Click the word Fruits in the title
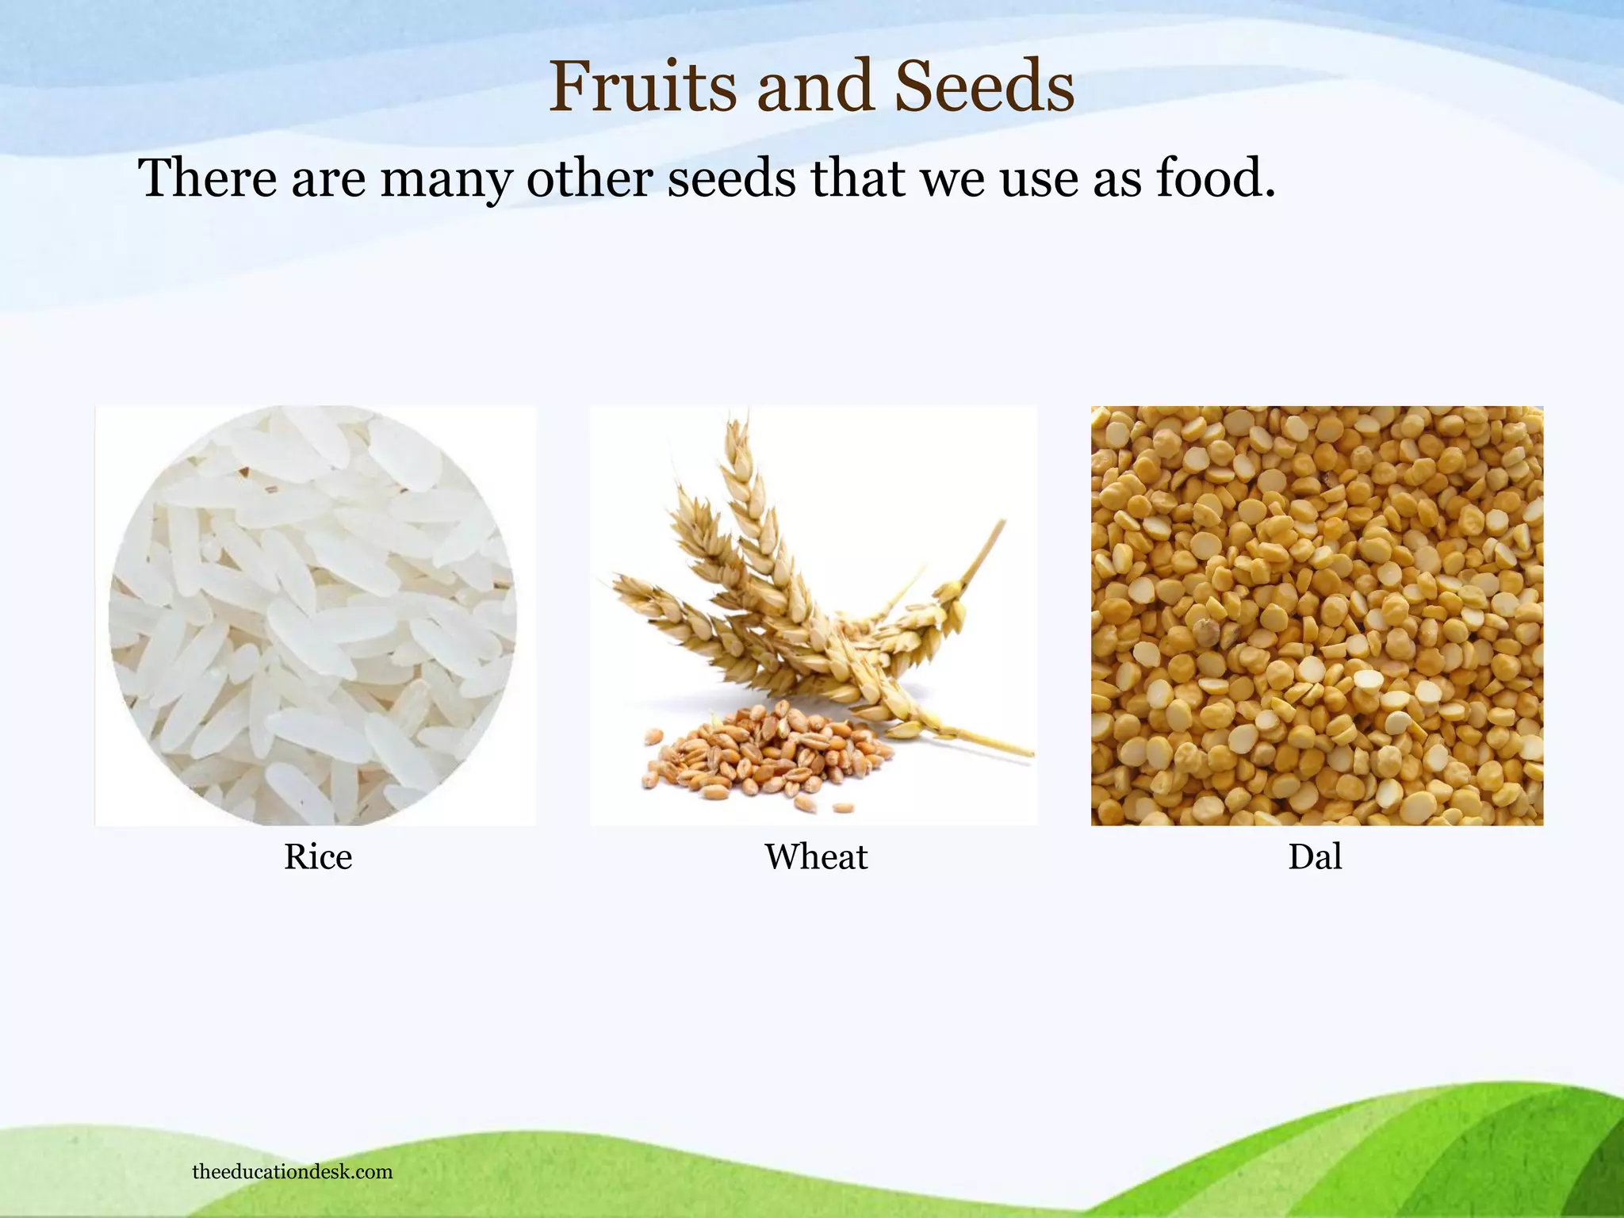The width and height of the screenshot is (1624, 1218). pyautogui.click(x=642, y=87)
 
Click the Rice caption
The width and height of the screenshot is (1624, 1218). pyautogui.click(x=317, y=857)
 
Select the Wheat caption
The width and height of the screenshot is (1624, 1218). pyautogui.click(x=815, y=857)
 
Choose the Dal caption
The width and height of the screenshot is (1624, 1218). pyautogui.click(x=1315, y=857)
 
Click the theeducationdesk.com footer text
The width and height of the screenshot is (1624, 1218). pyautogui.click(x=292, y=1172)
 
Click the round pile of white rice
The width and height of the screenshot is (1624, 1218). pyautogui.click(x=312, y=615)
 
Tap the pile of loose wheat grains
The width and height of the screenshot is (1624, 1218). pyautogui.click(x=761, y=757)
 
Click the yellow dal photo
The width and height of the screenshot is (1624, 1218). pyautogui.click(x=1316, y=615)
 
